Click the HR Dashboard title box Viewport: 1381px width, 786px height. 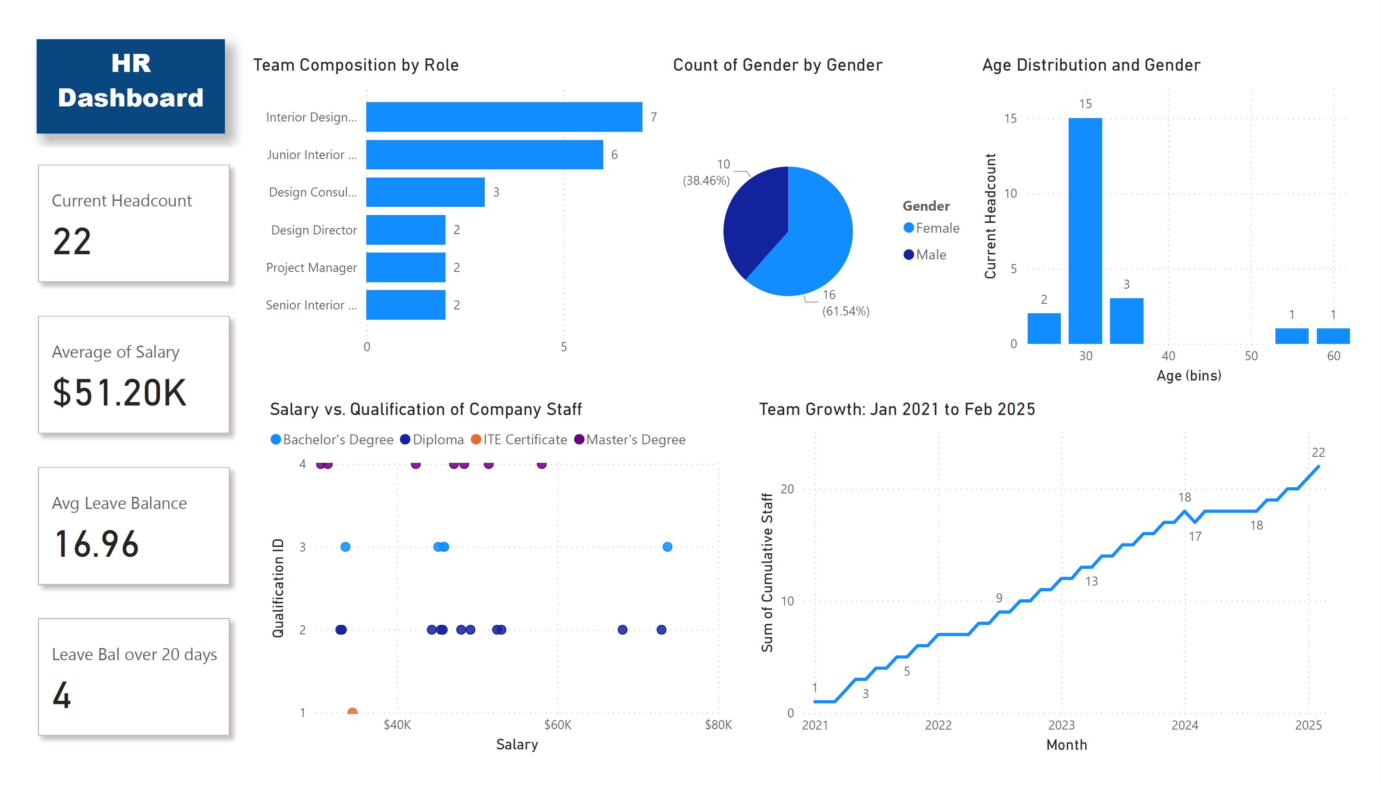point(131,86)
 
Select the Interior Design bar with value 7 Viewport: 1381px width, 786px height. point(504,117)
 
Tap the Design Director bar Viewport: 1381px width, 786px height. point(405,230)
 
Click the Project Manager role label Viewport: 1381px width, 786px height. point(312,268)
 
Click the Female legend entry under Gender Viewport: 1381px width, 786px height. point(932,228)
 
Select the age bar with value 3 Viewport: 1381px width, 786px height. point(1126,321)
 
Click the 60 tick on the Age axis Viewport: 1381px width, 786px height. point(1333,356)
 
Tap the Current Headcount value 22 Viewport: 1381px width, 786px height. point(72,242)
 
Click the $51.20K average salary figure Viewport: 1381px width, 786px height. point(119,393)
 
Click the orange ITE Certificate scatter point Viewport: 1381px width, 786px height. point(352,712)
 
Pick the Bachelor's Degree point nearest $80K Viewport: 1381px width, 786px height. point(667,547)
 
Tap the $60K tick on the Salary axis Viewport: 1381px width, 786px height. point(558,725)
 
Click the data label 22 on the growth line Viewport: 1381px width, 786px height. point(1318,452)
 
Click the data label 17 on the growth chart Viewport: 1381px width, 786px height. point(1195,536)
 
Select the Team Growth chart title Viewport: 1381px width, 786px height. point(896,409)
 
